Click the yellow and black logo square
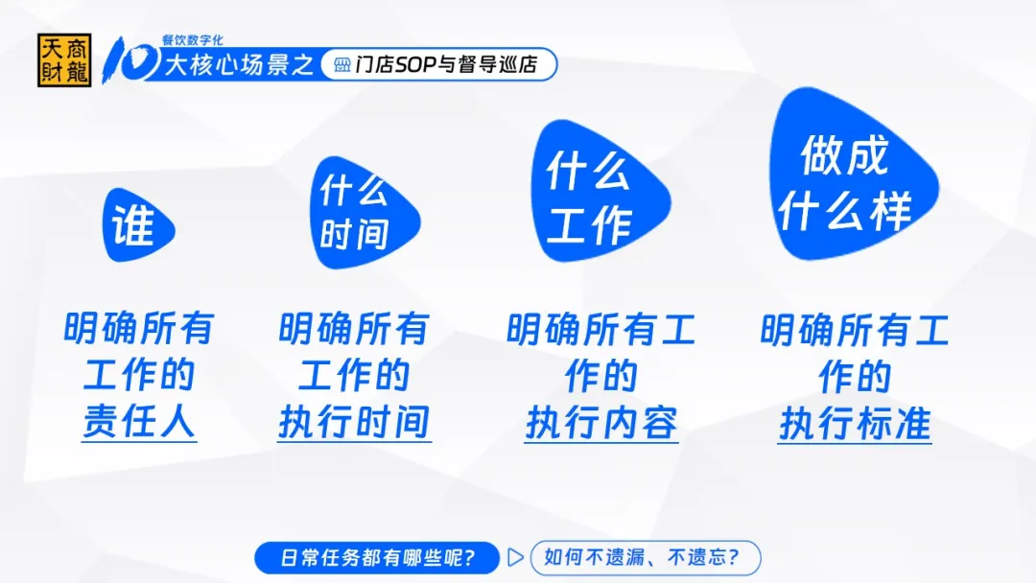point(64,60)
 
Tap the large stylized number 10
point(130,60)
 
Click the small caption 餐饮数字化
point(192,40)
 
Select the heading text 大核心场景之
point(239,64)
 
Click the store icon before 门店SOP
point(342,64)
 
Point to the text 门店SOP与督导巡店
point(446,64)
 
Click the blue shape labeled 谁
point(138,225)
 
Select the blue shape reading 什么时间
point(365,213)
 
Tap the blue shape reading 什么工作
point(600,192)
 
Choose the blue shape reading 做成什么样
point(854,174)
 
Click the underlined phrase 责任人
point(139,421)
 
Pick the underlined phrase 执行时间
point(354,422)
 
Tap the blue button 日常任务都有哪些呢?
point(377,558)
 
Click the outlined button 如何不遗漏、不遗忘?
point(646,558)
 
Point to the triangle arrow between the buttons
point(515,558)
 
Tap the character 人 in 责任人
point(177,421)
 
